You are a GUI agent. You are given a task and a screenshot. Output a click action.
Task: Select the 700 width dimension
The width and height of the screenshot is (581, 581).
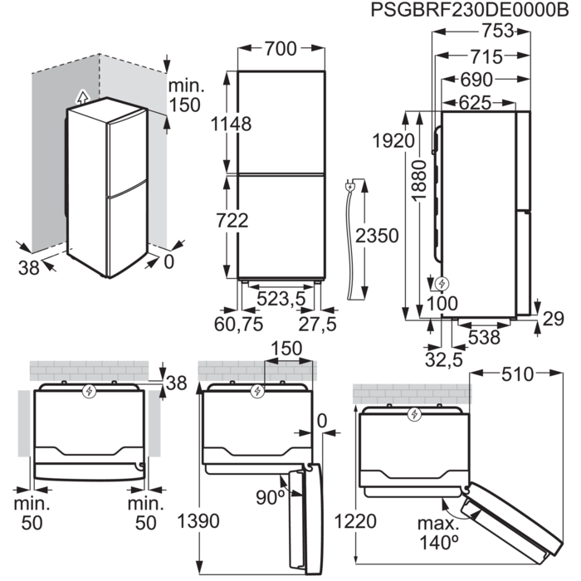coord(280,50)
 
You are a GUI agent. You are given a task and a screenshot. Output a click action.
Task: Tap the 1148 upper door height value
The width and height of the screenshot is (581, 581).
coord(231,124)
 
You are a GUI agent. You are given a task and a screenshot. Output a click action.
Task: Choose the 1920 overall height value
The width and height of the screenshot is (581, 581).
coord(393,140)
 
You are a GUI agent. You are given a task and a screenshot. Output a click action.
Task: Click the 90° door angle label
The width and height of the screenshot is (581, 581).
coord(270,496)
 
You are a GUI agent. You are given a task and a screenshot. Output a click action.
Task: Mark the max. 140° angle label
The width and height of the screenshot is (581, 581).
coord(440,533)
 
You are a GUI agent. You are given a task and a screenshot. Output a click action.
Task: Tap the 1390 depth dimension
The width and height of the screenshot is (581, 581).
coord(198,521)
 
